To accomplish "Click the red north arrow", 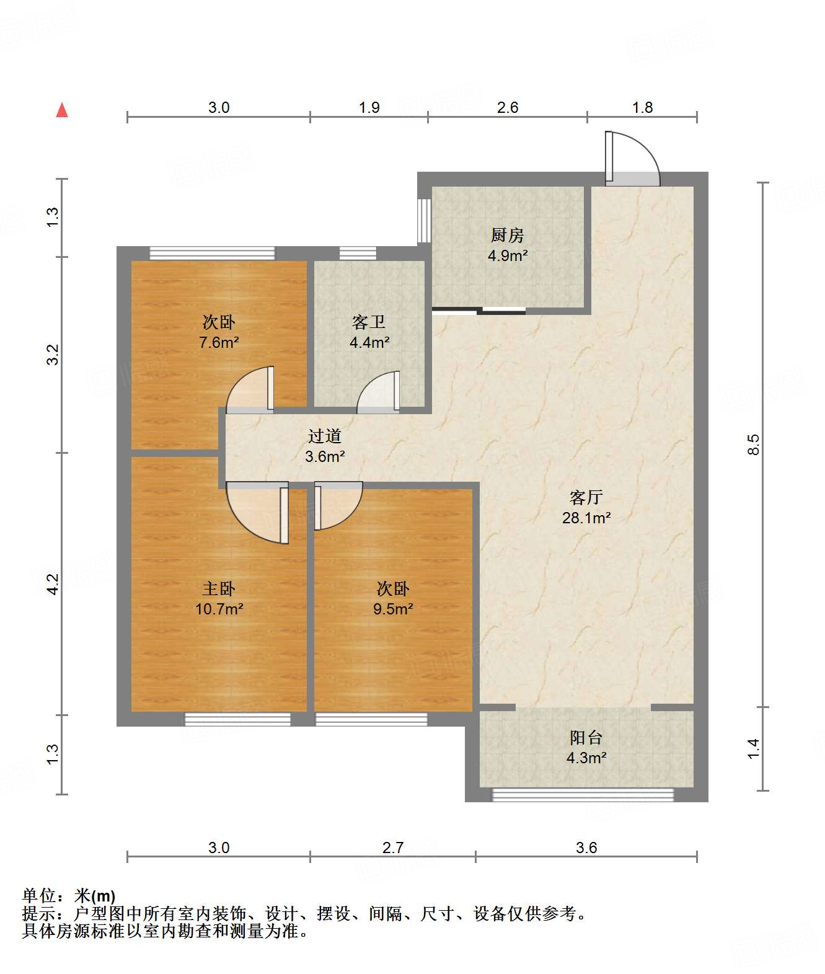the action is pos(62,110).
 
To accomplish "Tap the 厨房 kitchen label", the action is pos(507,235).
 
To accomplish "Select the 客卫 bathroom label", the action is pos(368,322).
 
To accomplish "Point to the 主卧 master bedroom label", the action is pos(219,588).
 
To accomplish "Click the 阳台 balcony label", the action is pos(586,737).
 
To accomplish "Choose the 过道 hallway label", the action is pos(324,436).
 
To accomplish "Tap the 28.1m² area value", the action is pos(586,518).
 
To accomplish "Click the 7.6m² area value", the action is pos(219,342).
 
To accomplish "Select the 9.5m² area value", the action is pos(393,609).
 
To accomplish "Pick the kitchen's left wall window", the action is pos(425,221).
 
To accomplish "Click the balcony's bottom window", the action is pos(583,795).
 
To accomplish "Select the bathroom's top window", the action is pos(358,254).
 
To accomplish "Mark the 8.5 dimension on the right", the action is pos(753,445).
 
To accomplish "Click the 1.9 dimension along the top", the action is pos(369,107).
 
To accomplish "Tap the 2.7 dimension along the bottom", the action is pos(392,848).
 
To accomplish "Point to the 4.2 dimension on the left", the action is pos(53,584).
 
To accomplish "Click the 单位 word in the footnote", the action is pos(39,896).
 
